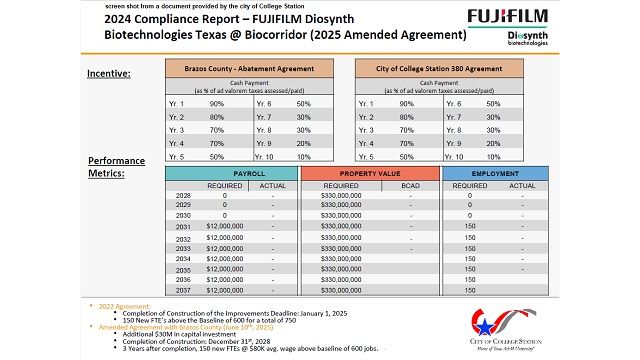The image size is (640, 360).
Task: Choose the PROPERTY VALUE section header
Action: (367, 173)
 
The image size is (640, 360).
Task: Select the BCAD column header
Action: (410, 185)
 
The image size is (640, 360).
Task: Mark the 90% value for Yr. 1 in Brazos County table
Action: (215, 103)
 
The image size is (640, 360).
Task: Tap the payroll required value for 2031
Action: (224, 227)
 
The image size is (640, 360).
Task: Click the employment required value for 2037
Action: (469, 291)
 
